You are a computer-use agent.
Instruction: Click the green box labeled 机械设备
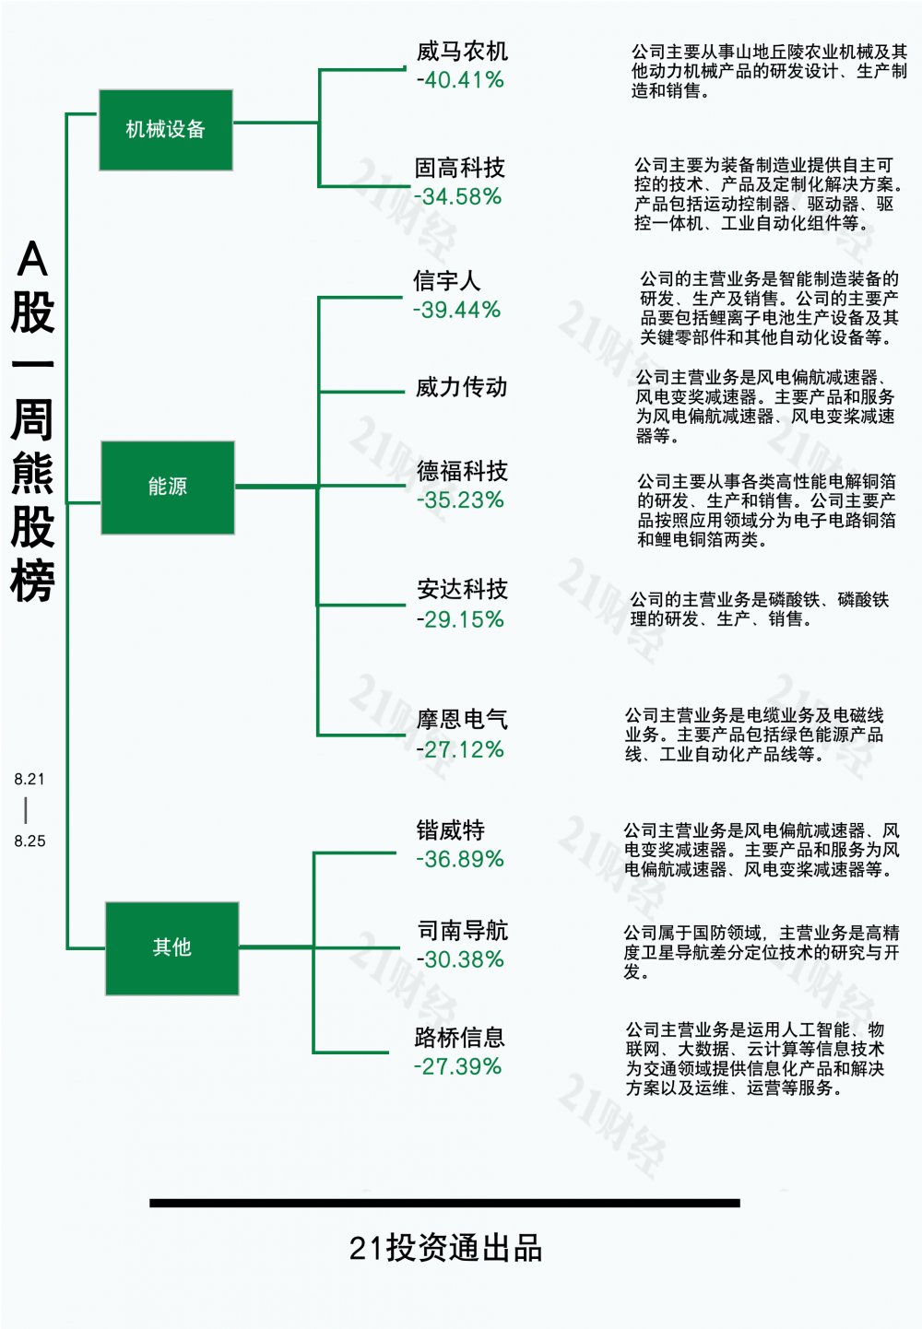tap(166, 130)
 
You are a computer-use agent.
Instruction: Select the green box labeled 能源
tap(168, 488)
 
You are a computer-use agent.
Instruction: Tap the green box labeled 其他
tap(172, 948)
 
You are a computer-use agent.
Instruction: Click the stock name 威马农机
tap(462, 52)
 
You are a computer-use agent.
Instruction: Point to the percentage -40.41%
tap(460, 80)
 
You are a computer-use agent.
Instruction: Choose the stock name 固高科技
tap(459, 168)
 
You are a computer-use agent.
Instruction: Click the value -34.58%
tap(457, 196)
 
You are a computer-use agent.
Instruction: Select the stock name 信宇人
tap(446, 280)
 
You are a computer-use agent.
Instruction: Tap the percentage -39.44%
tap(457, 310)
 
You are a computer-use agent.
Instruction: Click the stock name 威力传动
tap(461, 387)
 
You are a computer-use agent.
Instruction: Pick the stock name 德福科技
tap(462, 471)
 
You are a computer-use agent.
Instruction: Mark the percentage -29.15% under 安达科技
tap(460, 619)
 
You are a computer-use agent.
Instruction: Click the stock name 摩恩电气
tap(462, 719)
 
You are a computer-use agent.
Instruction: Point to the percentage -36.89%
tap(460, 859)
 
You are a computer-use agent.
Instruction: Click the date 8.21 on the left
tap(30, 779)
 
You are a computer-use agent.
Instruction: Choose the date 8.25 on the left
tap(30, 841)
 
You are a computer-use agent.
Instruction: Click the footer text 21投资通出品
tap(445, 1243)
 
